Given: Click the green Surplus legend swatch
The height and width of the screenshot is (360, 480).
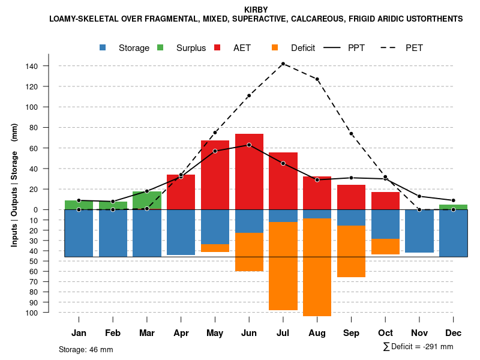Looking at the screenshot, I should pos(161,48).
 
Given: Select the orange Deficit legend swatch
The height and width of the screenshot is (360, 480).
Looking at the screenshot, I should pos(275,48).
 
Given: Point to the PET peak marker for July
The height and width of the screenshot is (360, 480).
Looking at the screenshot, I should pos(283,64).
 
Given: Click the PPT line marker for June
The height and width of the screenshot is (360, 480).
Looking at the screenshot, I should pos(249,145).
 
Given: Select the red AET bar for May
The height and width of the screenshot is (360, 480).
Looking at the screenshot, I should pos(215,174).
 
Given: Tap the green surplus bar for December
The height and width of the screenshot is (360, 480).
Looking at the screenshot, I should pos(454,207).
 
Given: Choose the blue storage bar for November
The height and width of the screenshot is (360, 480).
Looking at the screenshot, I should pos(419,231).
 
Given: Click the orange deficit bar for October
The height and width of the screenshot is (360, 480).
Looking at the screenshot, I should pos(385,247).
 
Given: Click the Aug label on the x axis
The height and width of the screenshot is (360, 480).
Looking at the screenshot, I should pos(317,333).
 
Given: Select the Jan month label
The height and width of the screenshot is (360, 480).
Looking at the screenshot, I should pos(79,333).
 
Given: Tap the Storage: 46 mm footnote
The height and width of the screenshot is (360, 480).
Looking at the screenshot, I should pos(86,349).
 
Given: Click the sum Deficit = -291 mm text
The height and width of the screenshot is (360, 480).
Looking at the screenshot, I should pos(418,347).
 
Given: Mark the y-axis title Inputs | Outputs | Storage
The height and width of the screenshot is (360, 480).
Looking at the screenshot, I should pos(14,184).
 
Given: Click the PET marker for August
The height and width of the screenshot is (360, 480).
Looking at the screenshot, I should pos(317,79).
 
